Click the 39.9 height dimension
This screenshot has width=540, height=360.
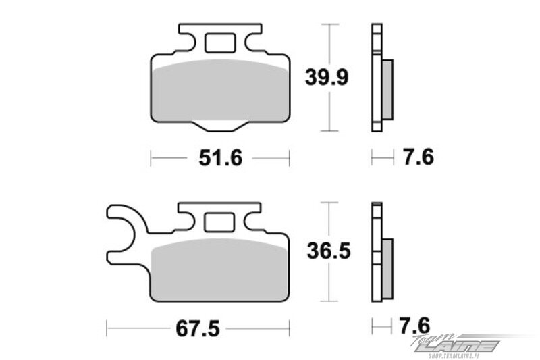pos(327,77)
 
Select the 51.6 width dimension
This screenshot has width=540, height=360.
pos(221,159)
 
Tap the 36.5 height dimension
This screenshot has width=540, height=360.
pos(329,251)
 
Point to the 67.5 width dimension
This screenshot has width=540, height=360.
pos(198,329)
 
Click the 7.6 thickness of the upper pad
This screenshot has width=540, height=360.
pos(418,157)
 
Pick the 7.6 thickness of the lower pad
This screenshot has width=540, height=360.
pos(414,326)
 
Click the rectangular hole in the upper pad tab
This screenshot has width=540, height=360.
pos(221,43)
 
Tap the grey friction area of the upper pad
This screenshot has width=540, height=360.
pos(221,91)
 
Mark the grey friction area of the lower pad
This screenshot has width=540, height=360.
pos(219,269)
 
